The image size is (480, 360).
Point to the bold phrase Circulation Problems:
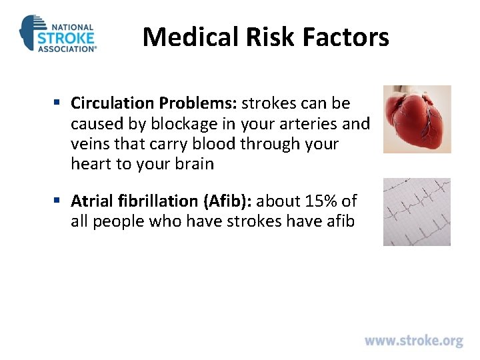(x=154, y=103)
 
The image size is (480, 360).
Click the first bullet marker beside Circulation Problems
(x=59, y=103)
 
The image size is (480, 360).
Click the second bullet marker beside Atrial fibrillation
(x=59, y=201)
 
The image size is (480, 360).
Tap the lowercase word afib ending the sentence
(x=340, y=221)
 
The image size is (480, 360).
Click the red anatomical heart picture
(x=417, y=119)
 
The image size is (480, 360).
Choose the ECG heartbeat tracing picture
(x=417, y=211)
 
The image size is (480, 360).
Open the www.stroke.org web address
(x=413, y=341)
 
